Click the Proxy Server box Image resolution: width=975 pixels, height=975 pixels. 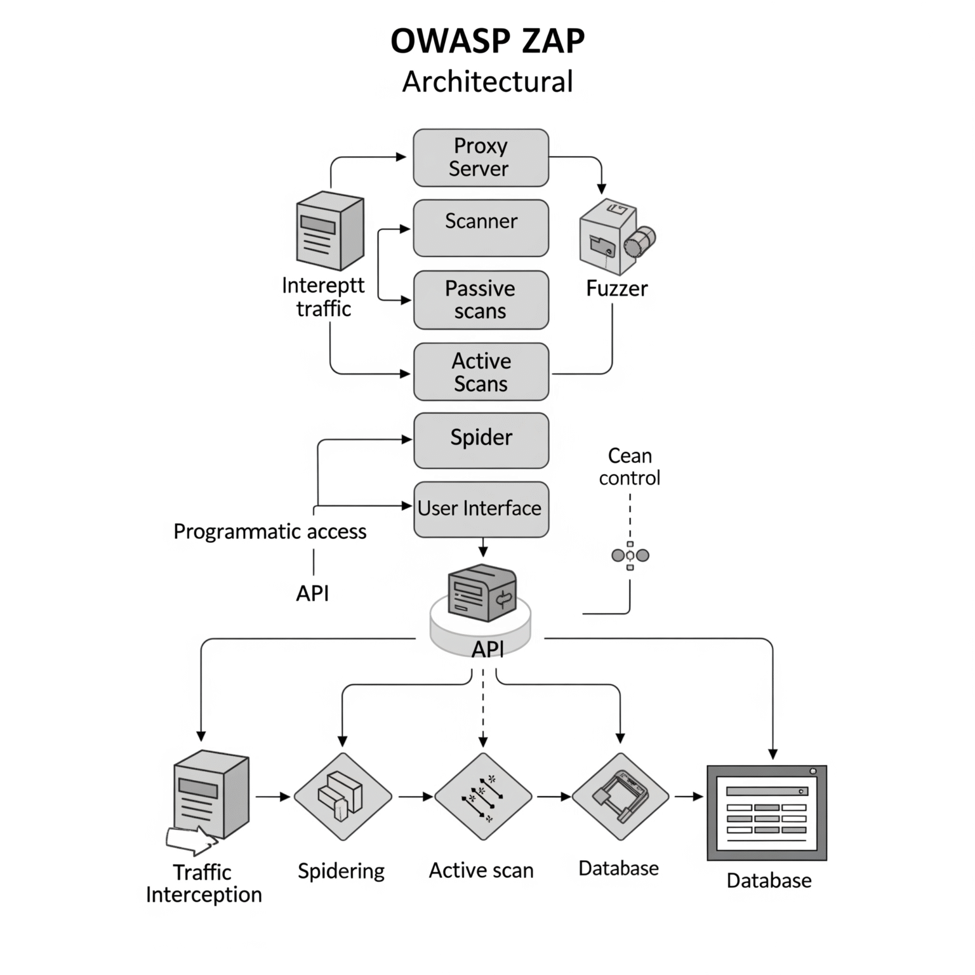481,158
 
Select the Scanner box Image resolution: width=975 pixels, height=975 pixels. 481,228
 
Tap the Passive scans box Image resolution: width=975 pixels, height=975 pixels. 481,300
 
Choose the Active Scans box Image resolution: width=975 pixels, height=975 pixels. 481,372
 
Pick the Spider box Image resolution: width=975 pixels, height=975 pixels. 481,441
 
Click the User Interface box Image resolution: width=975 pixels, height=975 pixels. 481,509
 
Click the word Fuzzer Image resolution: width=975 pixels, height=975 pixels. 616,289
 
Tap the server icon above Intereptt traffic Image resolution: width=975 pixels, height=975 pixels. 330,231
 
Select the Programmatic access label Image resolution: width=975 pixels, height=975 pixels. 270,531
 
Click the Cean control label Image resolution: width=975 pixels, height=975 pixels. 629,467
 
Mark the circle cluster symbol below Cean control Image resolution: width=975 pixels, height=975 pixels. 630,556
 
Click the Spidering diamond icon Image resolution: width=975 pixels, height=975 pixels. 343,797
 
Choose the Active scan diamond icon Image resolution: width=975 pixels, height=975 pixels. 483,797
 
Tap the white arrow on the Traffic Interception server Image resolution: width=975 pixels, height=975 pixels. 190,841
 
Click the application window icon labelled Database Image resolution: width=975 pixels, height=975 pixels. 767,813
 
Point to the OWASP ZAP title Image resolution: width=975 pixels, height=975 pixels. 487,41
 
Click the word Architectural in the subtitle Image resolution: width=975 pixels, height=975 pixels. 487,82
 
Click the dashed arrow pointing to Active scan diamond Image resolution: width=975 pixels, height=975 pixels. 483,711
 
